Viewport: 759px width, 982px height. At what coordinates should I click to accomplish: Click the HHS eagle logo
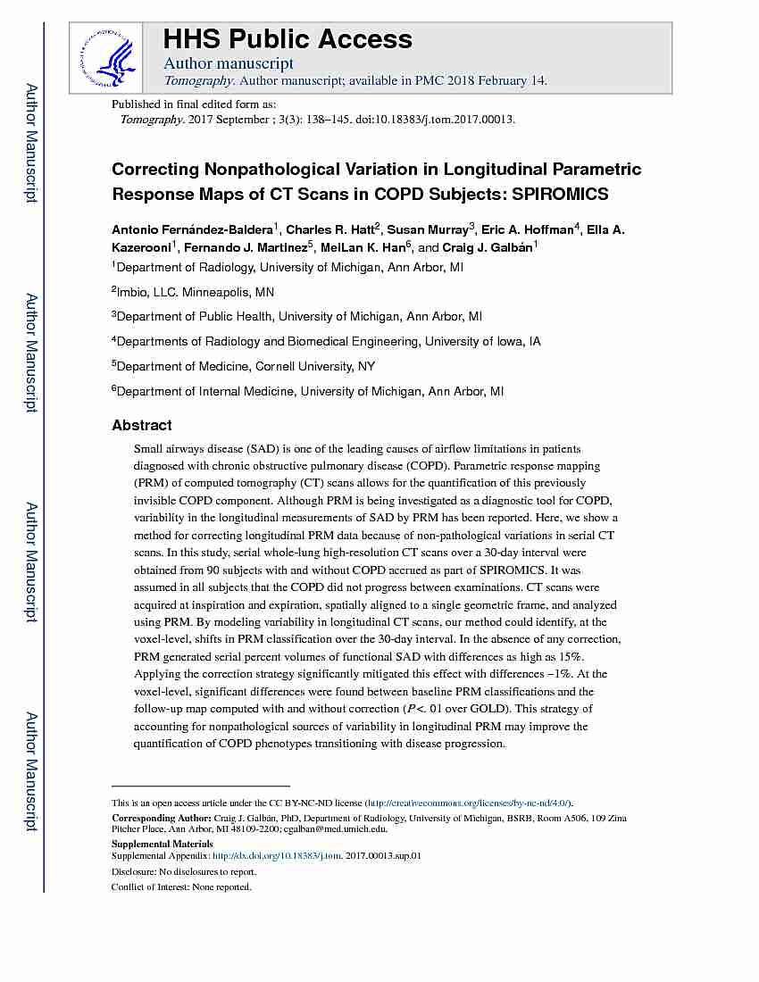(x=106, y=56)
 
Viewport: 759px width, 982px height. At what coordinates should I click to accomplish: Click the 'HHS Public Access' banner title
(x=287, y=39)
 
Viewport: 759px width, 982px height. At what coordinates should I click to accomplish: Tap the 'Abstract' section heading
(x=142, y=425)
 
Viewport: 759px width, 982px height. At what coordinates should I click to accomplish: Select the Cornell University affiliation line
(x=246, y=366)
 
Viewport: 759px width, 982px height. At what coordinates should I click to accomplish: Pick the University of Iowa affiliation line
(x=328, y=341)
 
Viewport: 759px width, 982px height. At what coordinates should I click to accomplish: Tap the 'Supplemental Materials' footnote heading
(x=162, y=844)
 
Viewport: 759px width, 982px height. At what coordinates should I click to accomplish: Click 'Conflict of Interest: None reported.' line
(x=181, y=886)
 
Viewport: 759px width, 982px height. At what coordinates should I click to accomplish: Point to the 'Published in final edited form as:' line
(x=194, y=104)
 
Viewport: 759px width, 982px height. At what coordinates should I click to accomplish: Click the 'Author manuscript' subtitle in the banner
(x=229, y=63)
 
